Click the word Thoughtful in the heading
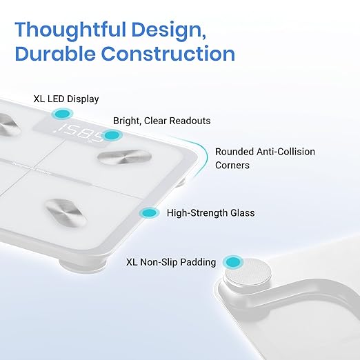[x=70, y=30]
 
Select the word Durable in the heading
[x=55, y=53]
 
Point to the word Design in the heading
[x=168, y=30]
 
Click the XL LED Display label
[x=66, y=99]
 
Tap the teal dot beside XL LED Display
[x=62, y=114]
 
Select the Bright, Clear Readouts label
[x=162, y=121]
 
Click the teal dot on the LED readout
[x=112, y=135]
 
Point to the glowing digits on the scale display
[x=79, y=132]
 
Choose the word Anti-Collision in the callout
[x=286, y=152]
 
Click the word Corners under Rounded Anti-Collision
[x=232, y=166]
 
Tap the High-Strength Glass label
[x=211, y=213]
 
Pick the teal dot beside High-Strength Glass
[x=150, y=213]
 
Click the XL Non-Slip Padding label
[x=171, y=262]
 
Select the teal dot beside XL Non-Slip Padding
[x=233, y=261]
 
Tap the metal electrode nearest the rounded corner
[x=125, y=157]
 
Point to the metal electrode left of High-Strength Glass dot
[x=66, y=212]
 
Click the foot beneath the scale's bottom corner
[x=82, y=264]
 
